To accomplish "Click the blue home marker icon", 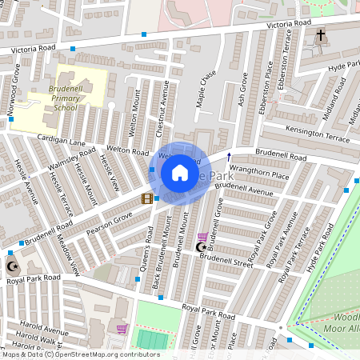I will (x=180, y=173).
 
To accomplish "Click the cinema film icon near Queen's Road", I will (x=146, y=198).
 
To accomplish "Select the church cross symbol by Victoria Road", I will (x=321, y=36).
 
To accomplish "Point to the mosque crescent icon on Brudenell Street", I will (x=201, y=247).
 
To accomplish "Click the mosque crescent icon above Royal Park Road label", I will (x=11, y=266).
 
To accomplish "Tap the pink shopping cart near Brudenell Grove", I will (x=202, y=237).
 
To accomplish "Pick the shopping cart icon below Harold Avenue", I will (x=122, y=329).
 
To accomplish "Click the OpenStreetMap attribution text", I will (x=80, y=354).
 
